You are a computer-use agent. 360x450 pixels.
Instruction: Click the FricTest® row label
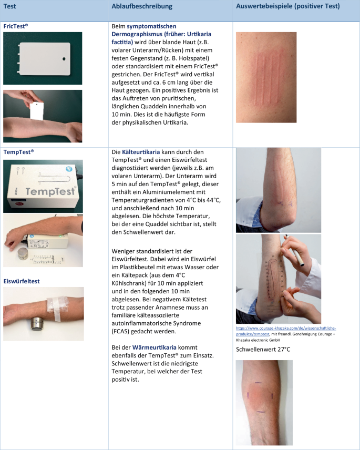pos(16,25)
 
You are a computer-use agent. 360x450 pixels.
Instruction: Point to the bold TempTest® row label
pos(18,151)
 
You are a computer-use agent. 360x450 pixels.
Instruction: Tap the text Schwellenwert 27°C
pos(264,349)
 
